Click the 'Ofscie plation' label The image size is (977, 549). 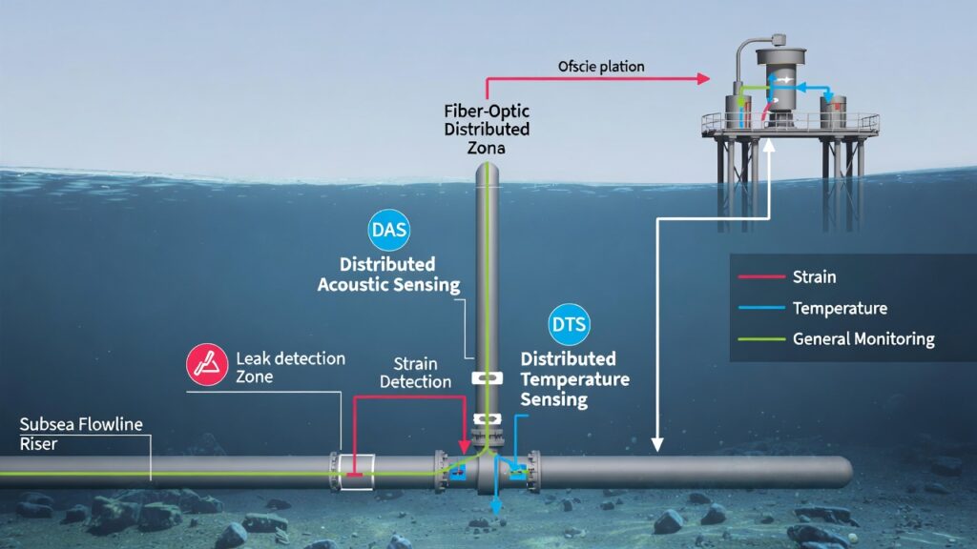[x=601, y=67]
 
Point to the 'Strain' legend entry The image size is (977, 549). [x=813, y=277]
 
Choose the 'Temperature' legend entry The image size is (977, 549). [x=839, y=308]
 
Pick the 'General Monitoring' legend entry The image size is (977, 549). [x=863, y=338]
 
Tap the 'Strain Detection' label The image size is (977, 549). [x=415, y=373]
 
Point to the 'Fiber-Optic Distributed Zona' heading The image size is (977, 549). [x=487, y=129]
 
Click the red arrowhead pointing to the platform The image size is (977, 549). [x=707, y=78]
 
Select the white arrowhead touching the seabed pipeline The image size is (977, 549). [x=657, y=443]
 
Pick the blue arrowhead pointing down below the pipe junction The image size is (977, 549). [x=496, y=522]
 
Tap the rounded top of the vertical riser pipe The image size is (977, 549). [x=488, y=170]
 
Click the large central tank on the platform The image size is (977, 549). [x=781, y=86]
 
